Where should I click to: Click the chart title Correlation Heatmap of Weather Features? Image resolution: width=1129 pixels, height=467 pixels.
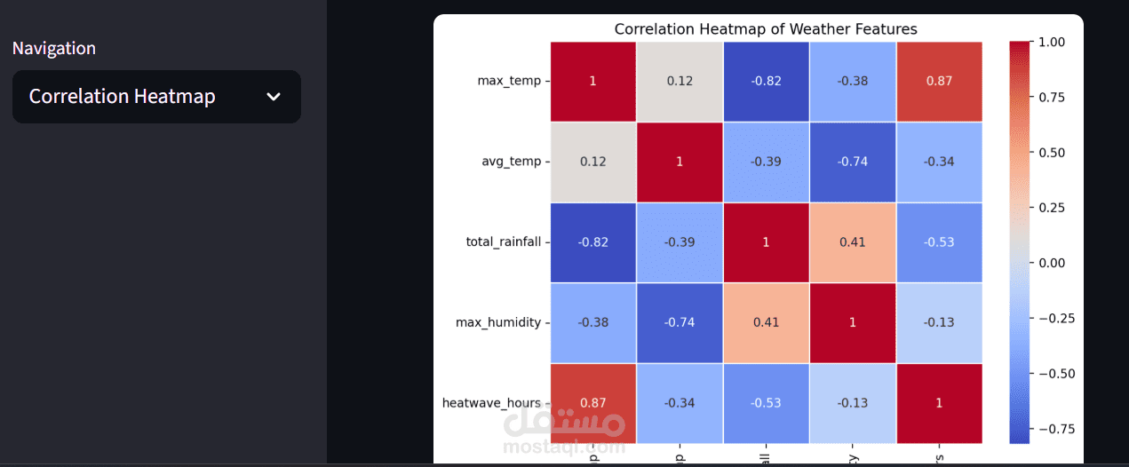(765, 29)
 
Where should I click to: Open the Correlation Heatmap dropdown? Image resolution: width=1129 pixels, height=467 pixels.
(156, 97)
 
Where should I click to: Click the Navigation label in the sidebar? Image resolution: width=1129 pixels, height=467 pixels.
(54, 48)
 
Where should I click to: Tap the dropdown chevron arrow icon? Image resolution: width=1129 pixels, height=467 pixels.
(274, 97)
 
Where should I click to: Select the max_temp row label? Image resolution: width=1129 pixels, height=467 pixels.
(508, 81)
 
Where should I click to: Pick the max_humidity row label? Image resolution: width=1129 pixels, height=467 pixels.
(497, 322)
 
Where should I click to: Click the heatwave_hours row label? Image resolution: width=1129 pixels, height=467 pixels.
(491, 403)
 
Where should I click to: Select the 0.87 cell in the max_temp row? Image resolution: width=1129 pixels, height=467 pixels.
(939, 81)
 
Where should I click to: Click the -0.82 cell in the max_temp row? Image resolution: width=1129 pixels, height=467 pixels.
(766, 81)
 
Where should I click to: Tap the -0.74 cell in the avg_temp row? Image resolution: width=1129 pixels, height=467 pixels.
(852, 162)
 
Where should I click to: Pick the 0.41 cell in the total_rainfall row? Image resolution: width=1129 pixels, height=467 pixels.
(852, 241)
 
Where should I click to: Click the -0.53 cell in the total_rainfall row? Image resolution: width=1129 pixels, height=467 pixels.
(939, 241)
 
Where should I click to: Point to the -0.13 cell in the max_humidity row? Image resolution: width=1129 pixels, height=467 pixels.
(939, 322)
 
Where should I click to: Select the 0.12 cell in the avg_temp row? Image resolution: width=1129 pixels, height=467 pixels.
(592, 162)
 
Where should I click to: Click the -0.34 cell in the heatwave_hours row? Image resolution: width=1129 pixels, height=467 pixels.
(680, 403)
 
